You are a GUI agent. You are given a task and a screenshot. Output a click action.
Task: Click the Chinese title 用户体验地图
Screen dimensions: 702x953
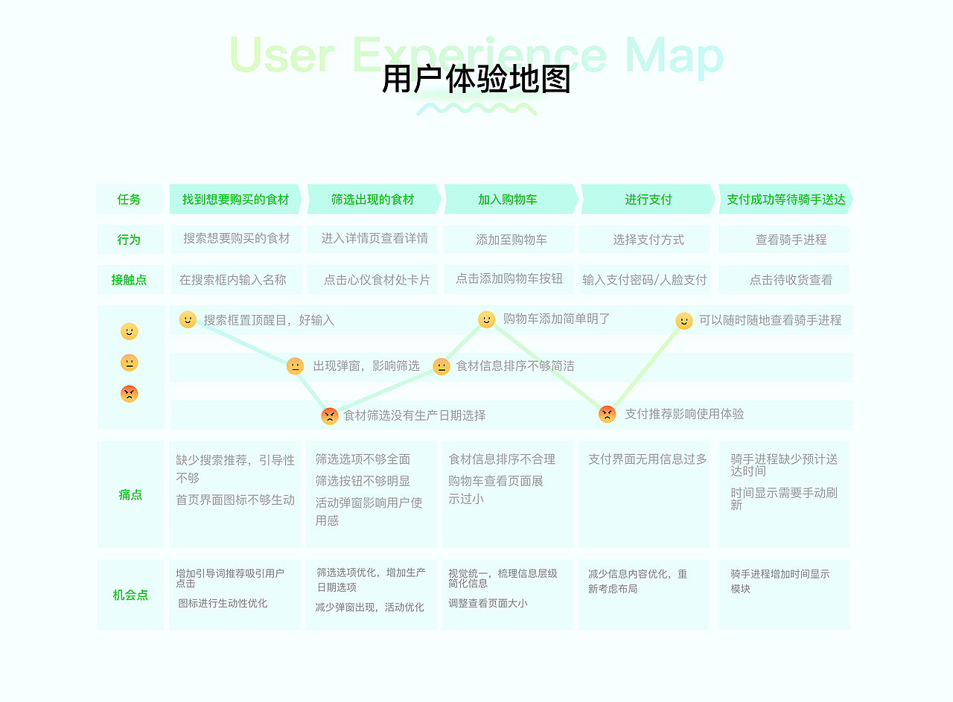pos(476,80)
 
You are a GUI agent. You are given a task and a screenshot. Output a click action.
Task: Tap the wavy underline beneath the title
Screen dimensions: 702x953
pos(476,109)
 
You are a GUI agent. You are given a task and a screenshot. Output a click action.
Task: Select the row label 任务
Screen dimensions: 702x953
pos(129,200)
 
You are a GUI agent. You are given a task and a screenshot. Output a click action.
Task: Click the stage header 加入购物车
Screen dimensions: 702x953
pos(508,200)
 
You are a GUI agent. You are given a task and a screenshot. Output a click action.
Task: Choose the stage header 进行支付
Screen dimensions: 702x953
pos(648,200)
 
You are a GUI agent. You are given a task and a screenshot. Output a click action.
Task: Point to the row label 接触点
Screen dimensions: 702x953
pos(129,280)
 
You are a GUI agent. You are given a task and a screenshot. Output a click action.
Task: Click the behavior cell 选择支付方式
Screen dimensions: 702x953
pos(648,240)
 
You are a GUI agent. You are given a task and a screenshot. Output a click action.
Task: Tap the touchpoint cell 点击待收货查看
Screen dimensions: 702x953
pos(791,280)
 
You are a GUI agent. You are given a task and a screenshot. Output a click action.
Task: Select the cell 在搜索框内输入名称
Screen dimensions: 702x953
pos(232,280)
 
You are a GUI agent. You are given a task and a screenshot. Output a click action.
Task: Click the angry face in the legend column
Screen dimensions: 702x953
pos(130,394)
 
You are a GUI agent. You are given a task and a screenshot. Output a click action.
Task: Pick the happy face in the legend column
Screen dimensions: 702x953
pos(130,331)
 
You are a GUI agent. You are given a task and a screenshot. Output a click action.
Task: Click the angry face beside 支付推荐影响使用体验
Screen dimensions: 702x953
pos(608,414)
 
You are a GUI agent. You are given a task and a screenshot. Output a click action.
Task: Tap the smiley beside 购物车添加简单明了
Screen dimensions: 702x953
pos(486,319)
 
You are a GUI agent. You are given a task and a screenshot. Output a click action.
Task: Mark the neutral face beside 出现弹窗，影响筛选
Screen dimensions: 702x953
pos(295,366)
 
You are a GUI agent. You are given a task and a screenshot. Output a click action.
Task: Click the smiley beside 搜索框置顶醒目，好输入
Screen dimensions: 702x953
pos(188,319)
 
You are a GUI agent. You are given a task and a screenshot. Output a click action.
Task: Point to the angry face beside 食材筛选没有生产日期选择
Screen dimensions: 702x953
pos(330,415)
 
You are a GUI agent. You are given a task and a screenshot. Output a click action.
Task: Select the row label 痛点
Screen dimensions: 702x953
pos(130,494)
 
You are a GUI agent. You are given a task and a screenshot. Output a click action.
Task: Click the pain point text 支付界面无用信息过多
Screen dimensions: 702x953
pos(647,459)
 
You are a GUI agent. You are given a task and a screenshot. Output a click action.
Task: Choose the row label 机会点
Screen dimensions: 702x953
pos(130,595)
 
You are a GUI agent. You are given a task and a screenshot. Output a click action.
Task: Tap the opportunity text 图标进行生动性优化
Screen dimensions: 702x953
pos(223,603)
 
